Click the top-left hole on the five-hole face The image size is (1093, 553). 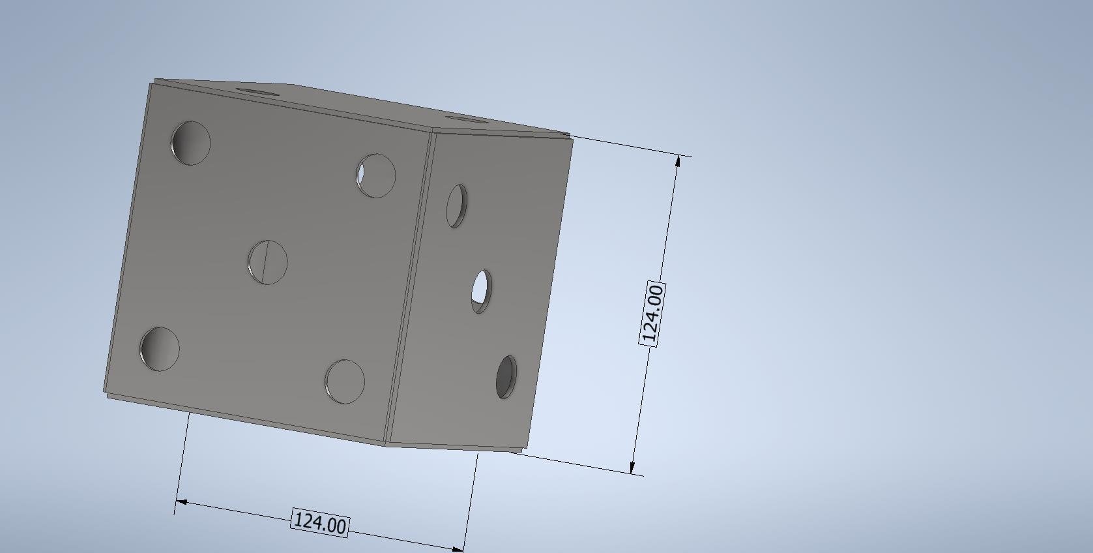[x=190, y=143]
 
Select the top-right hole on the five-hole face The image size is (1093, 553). [x=376, y=175]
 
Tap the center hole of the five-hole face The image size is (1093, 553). [x=268, y=262]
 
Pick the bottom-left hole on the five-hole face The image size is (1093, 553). [x=160, y=349]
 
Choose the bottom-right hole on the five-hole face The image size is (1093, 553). [x=345, y=381]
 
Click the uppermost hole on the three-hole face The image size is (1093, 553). [x=457, y=205]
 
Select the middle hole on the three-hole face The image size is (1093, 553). [x=482, y=291]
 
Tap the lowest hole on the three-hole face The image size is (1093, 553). [x=506, y=377]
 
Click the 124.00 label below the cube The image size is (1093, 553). [x=320, y=523]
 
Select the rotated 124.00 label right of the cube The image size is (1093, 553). [x=652, y=314]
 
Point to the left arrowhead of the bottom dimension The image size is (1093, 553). [x=182, y=502]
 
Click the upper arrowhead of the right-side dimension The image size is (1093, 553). [x=678, y=161]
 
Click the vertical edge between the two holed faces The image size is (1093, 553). [x=409, y=287]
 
